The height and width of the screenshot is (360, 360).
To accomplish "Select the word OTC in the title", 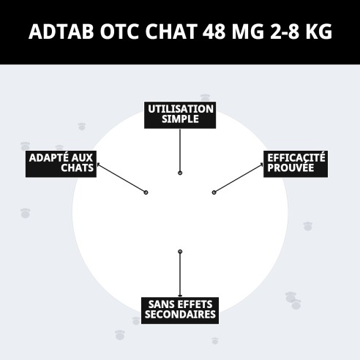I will [x=119, y=33].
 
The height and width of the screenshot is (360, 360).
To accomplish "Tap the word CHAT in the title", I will [x=172, y=33].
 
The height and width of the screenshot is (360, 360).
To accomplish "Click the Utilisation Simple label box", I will [x=179, y=114].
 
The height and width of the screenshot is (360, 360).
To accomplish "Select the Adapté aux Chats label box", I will [x=61, y=163].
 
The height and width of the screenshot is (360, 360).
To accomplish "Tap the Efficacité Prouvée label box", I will [x=296, y=163].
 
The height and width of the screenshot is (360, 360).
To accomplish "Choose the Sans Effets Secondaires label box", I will [x=180, y=310].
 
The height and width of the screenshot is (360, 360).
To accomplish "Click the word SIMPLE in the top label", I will [x=180, y=119].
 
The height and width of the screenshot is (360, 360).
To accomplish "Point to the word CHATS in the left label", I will [x=77, y=169].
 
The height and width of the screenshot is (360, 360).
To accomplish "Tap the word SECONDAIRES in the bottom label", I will [x=180, y=315].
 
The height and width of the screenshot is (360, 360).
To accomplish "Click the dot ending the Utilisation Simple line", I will [x=180, y=173].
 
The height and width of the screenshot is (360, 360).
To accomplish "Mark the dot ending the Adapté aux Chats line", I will [x=146, y=192].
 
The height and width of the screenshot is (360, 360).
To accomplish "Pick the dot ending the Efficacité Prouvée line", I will [x=214, y=192].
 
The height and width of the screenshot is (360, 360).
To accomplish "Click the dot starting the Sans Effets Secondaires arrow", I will [x=180, y=252].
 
